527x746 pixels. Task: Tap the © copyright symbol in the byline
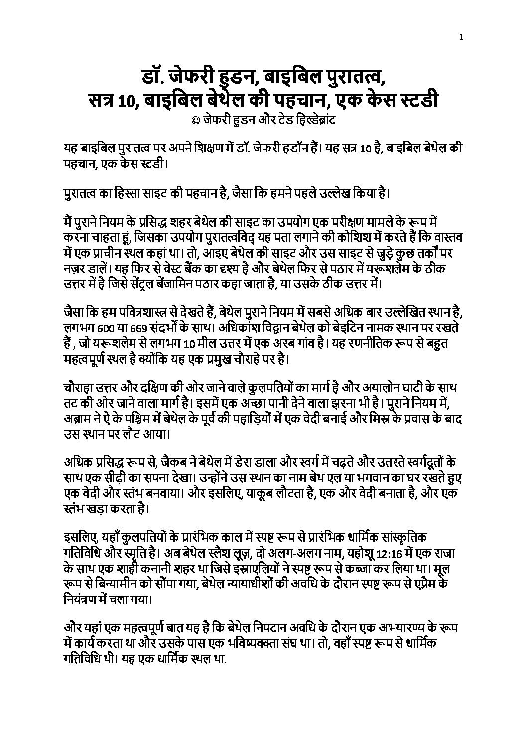(x=188, y=120)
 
